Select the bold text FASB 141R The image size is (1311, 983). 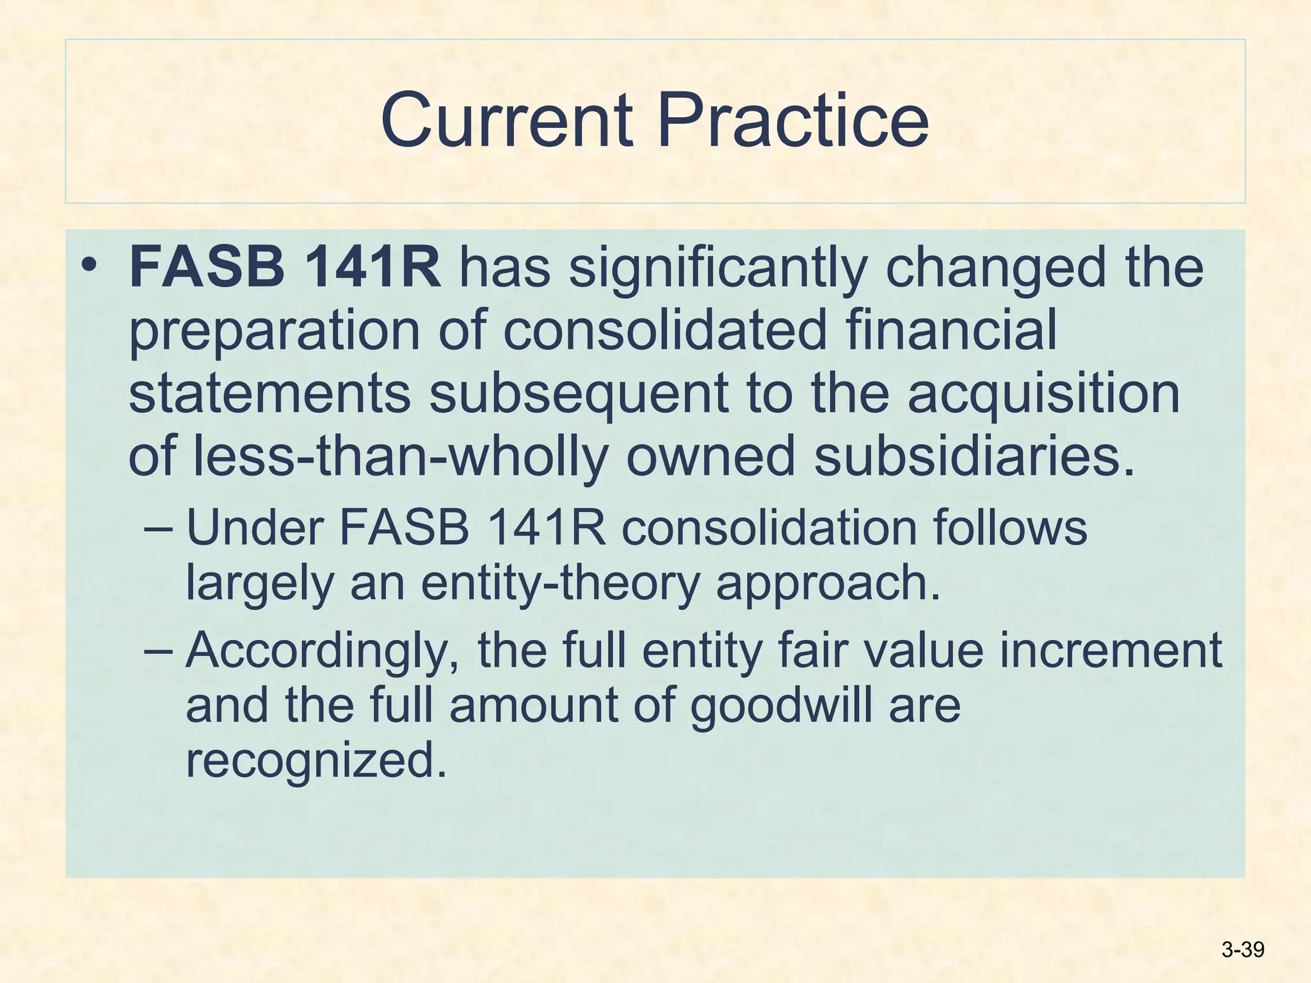[285, 268]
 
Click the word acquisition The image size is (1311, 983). [1043, 393]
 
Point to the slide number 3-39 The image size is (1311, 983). [1243, 949]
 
